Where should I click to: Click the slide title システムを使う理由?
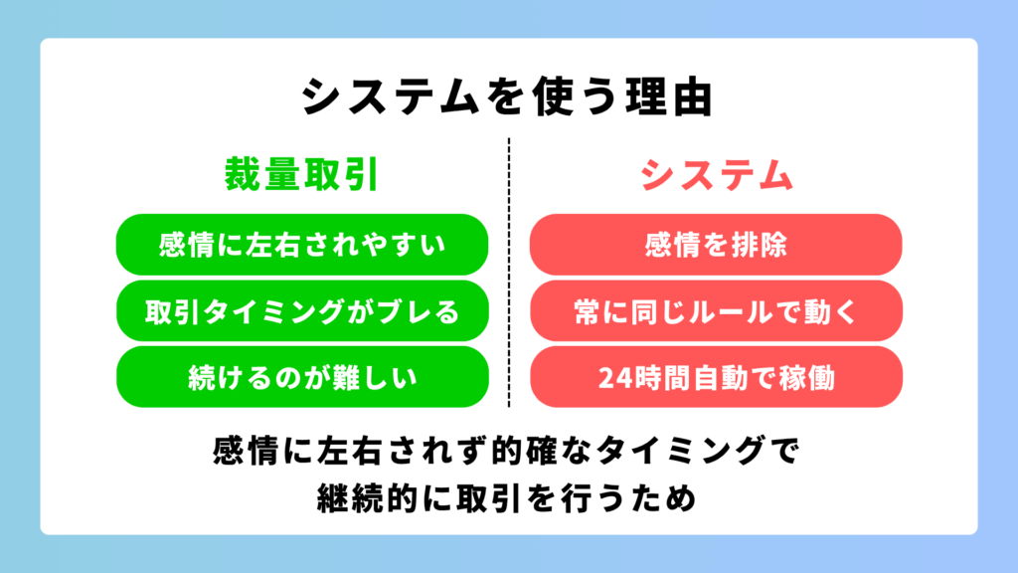point(508,96)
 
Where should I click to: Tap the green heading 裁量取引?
point(302,175)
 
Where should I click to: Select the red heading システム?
point(717,175)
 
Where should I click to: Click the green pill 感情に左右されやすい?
point(302,245)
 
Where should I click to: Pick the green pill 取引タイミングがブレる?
point(302,311)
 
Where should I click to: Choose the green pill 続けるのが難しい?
point(302,377)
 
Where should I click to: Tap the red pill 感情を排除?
point(716,245)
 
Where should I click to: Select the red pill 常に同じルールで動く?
point(716,311)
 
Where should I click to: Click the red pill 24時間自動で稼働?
point(716,377)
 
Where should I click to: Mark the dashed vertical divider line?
point(509,273)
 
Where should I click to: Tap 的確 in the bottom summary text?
point(524,451)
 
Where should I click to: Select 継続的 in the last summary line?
point(367,498)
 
